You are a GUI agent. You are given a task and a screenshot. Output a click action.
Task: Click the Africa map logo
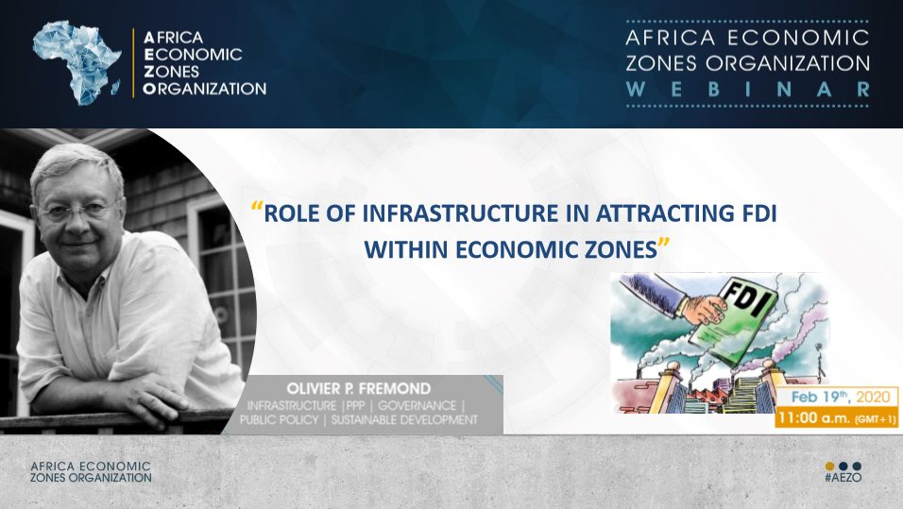pos(77,62)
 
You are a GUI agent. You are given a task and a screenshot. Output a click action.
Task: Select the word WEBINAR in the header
pos(747,90)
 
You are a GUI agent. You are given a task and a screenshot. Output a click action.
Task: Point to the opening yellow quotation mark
pos(258,208)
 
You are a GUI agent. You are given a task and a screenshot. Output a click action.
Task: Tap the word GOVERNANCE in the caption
pos(417,405)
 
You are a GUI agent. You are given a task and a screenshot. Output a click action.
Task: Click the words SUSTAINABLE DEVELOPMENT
pos(404,419)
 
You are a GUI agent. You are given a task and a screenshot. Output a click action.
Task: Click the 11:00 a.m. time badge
pos(837,418)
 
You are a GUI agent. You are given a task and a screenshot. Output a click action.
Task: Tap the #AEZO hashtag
pos(843,477)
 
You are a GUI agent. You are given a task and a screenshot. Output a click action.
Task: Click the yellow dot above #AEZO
pos(830,466)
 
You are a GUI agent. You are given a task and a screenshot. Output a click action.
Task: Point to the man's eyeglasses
pos(77,212)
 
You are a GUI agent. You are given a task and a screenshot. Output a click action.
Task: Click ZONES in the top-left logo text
pos(171,72)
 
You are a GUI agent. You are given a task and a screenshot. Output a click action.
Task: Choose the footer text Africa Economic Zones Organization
pos(91,471)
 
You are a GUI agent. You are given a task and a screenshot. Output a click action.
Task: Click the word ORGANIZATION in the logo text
pos(204,89)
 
